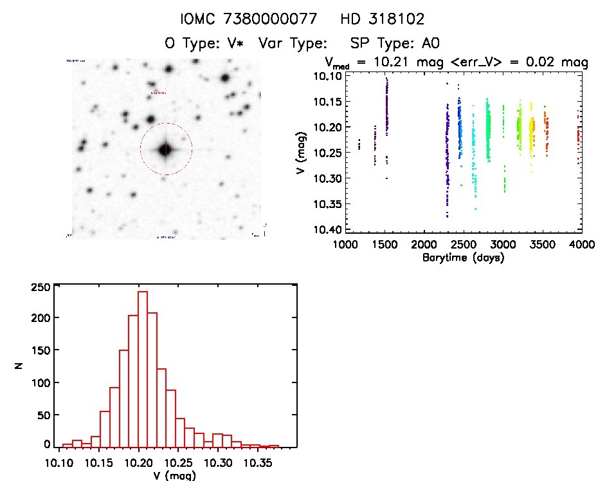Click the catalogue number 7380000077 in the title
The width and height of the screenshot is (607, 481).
pos(279,19)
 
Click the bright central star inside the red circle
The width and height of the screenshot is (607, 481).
pos(165,149)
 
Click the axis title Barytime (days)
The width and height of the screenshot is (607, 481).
pos(463,258)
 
